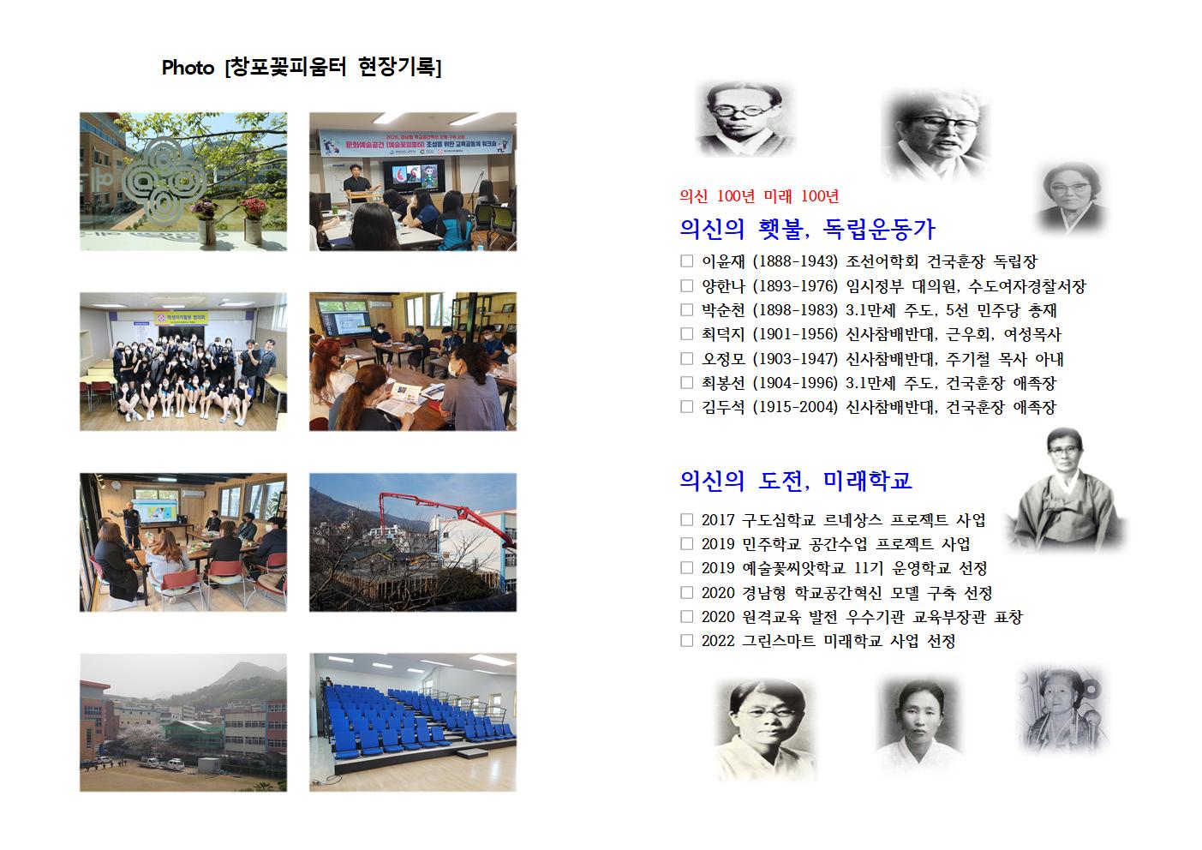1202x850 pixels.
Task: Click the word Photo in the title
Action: (188, 68)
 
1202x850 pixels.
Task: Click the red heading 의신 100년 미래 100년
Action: (758, 196)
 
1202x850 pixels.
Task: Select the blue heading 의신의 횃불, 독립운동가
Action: (807, 229)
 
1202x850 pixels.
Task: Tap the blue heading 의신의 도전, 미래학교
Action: (795, 481)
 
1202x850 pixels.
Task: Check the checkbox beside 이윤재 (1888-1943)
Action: (686, 261)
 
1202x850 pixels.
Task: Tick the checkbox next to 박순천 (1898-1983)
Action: (686, 309)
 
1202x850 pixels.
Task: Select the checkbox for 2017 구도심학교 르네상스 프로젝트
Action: (686, 519)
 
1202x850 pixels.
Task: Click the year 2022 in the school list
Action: (717, 641)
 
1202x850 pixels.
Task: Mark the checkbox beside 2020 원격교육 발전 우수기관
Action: (686, 616)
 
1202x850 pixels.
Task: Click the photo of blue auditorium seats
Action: (412, 721)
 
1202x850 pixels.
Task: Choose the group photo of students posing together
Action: (183, 362)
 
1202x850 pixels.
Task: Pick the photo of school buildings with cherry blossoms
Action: (183, 721)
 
